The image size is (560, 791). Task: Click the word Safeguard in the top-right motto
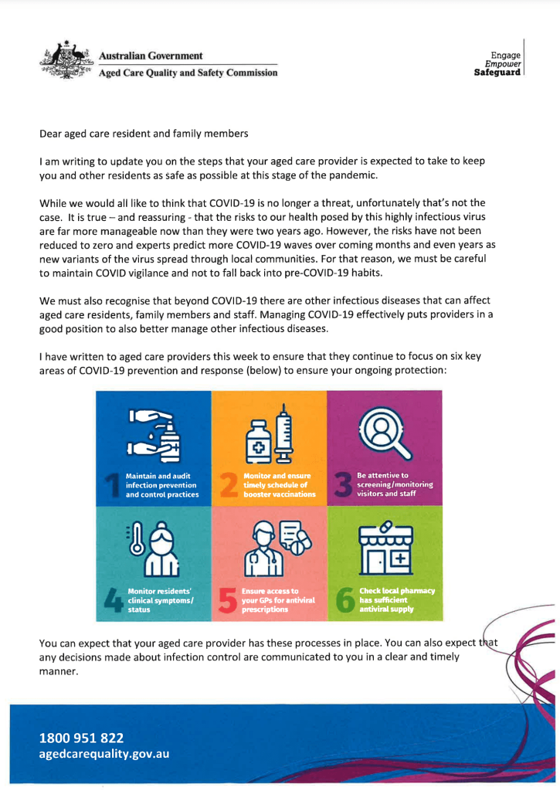click(x=500, y=73)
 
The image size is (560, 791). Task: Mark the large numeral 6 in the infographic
click(x=344, y=600)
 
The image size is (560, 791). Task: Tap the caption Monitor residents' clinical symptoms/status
click(x=151, y=599)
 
